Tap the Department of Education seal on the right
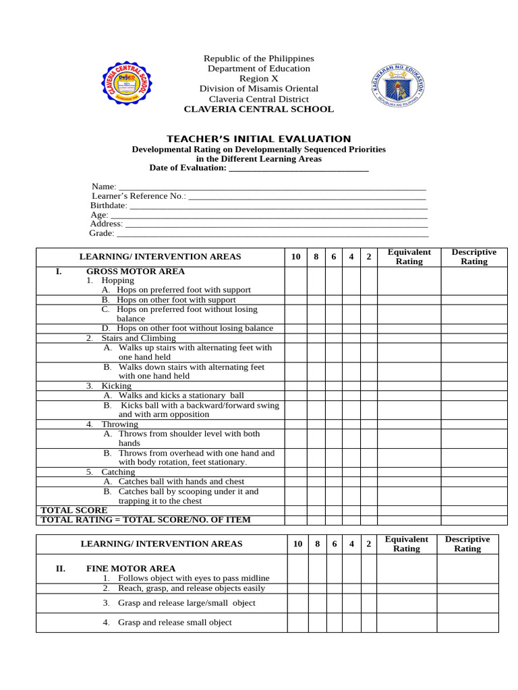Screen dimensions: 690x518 click(x=399, y=87)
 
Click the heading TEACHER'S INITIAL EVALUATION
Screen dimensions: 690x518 click(x=259, y=139)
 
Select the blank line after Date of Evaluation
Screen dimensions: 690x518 click(x=299, y=168)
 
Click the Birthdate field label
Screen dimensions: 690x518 click(x=109, y=205)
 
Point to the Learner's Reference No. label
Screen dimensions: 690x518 click(x=138, y=195)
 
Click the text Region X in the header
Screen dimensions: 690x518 click(x=259, y=78)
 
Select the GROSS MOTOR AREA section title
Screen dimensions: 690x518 click(x=135, y=271)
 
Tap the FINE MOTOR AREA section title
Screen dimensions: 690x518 click(x=131, y=568)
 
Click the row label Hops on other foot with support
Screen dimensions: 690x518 click(x=176, y=300)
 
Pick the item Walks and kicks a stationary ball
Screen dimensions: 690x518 click(x=181, y=395)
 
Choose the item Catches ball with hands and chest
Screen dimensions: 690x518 click(x=181, y=481)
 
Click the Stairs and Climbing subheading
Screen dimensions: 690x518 click(x=138, y=338)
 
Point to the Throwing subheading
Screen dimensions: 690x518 click(x=119, y=424)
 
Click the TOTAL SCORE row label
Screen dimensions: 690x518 click(x=74, y=510)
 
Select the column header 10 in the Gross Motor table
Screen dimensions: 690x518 click(x=295, y=257)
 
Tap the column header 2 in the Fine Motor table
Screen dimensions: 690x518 click(x=368, y=544)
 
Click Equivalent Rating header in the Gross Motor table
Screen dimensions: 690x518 click(x=409, y=257)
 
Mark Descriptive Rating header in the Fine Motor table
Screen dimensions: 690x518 click(x=467, y=544)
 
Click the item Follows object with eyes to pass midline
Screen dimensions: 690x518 click(x=193, y=578)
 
